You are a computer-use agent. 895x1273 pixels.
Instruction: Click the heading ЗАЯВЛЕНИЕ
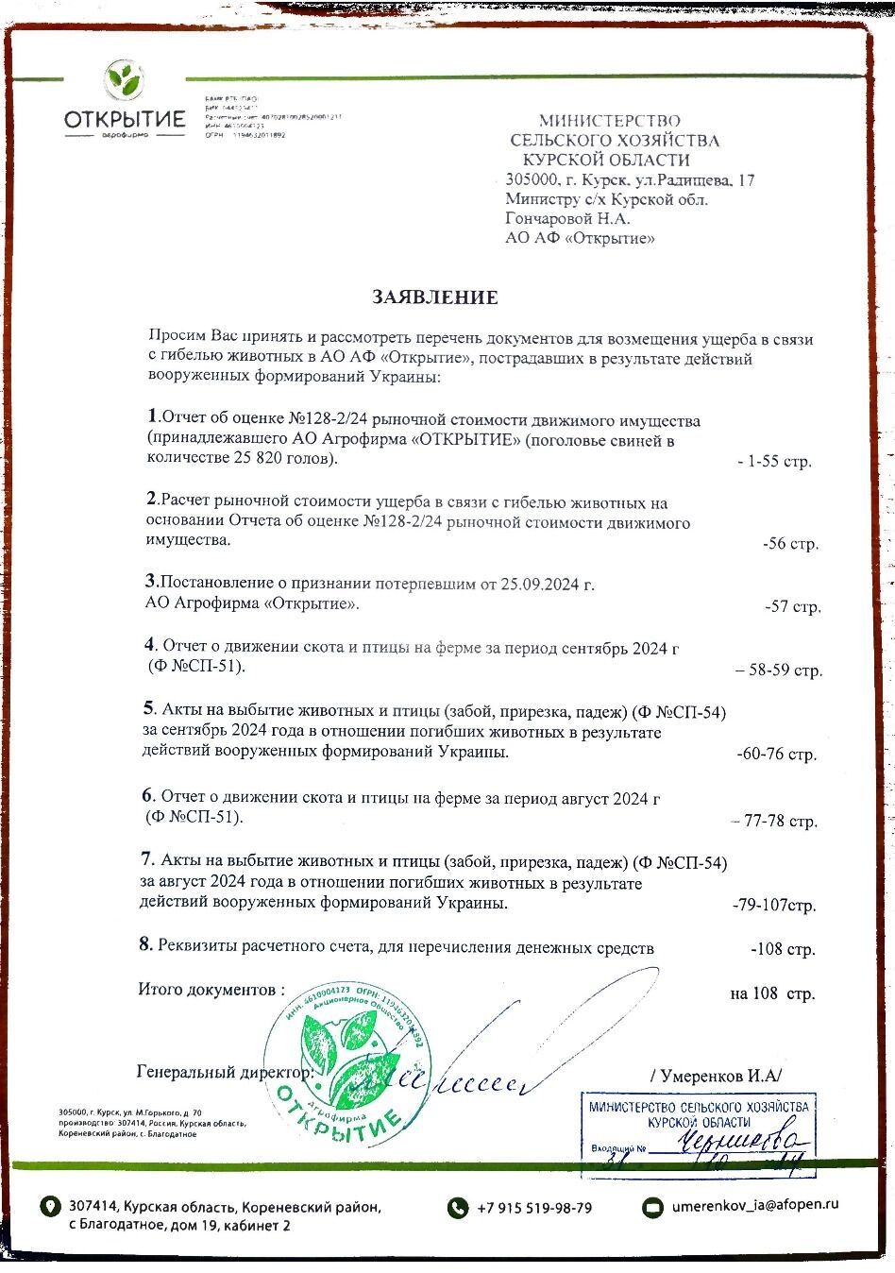click(x=434, y=297)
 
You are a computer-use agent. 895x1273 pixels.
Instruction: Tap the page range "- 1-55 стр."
click(x=774, y=462)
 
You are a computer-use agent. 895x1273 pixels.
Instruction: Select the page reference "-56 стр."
click(x=790, y=544)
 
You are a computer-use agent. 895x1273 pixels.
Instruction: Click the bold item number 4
click(x=149, y=645)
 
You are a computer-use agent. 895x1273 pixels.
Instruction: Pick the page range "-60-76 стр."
click(x=776, y=755)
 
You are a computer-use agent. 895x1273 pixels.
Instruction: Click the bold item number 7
click(x=146, y=859)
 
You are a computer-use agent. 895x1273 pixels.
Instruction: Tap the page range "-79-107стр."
click(x=774, y=905)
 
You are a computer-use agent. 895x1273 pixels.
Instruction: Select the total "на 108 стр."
click(x=771, y=993)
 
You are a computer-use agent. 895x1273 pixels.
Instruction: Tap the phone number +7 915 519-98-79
click(x=534, y=1208)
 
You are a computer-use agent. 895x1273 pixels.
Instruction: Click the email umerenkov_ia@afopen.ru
click(x=755, y=1205)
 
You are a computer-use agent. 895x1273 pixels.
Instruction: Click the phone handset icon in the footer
click(x=458, y=1208)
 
